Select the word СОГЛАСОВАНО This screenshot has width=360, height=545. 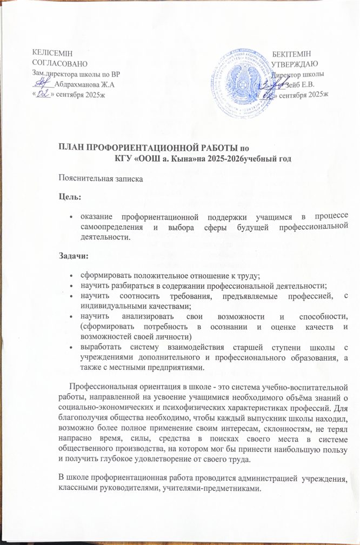coord(56,63)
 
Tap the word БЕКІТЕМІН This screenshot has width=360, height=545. coord(292,53)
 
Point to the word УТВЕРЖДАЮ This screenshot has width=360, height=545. coord(295,63)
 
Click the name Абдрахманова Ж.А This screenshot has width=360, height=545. coord(85,84)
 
